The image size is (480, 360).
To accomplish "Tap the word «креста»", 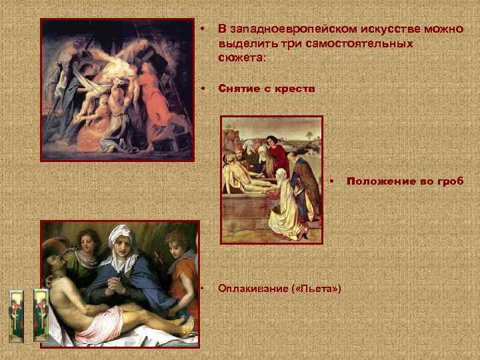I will tap(293, 89).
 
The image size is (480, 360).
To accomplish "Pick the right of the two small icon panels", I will tap(41, 313).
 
